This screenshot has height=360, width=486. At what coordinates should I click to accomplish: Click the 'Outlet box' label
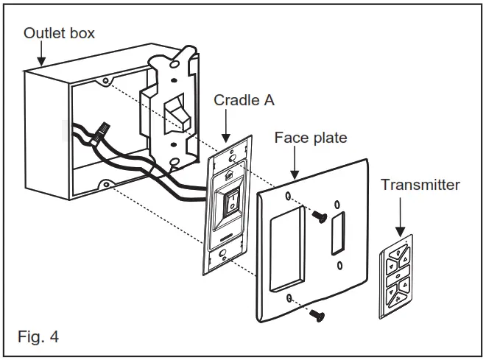point(59,33)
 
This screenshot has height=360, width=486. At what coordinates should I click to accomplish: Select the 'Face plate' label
point(310,138)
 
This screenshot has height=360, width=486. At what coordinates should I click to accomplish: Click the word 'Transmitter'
point(420,185)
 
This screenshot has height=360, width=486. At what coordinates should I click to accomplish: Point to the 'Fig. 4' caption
point(38,338)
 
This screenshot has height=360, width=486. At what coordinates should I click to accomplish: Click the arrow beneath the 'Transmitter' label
point(398,225)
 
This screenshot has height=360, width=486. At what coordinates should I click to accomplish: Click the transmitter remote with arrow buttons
point(396,276)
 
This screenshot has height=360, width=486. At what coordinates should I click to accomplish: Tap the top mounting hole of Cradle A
point(233,156)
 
